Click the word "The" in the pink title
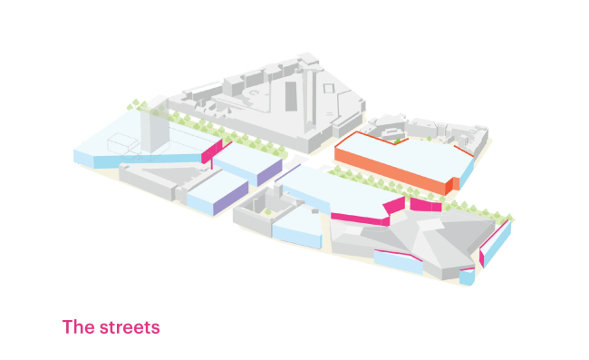pos(78,327)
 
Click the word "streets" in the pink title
pos(130,327)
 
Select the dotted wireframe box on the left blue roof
pos(123,143)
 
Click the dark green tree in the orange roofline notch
pos(397,141)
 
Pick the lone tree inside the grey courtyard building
pos(267,213)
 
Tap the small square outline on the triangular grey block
pos(329,89)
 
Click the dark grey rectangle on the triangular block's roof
pos(291,96)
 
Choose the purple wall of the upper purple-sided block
pos(269,172)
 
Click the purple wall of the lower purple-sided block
pos(231,199)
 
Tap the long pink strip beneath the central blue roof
pos(360,219)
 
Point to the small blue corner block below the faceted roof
pos(467,277)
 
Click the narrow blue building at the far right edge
pos(496,244)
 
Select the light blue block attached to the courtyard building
pos(297,227)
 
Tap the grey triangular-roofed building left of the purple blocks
pos(161,180)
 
